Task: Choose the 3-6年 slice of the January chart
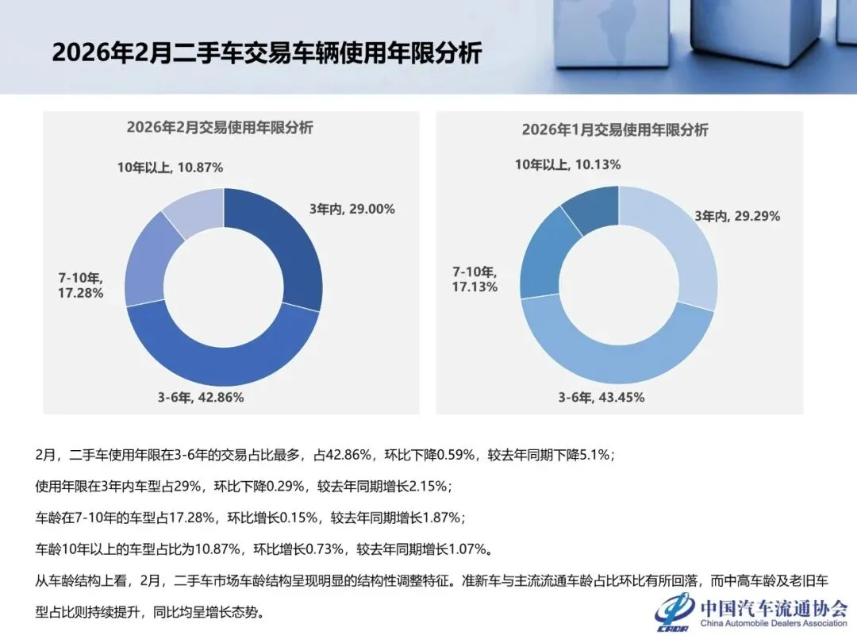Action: click(x=619, y=357)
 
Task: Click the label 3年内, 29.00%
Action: click(x=352, y=210)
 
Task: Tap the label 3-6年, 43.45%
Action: click(x=601, y=398)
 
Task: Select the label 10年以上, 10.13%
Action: click(x=567, y=164)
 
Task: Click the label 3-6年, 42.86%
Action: click(x=200, y=398)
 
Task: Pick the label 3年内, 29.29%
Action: click(x=737, y=216)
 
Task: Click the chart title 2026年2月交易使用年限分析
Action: click(x=220, y=127)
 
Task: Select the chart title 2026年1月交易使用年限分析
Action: click(x=615, y=129)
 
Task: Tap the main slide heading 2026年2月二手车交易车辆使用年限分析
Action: click(x=267, y=53)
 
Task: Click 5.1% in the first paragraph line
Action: click(x=594, y=456)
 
